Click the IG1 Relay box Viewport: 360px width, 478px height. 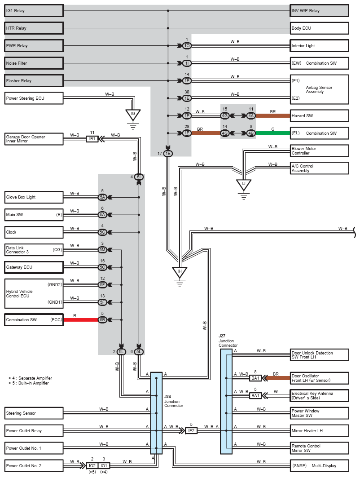(x=34, y=11)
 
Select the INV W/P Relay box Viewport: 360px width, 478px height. (x=319, y=11)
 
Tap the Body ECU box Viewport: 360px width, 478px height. (x=319, y=28)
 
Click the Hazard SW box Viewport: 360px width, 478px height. (x=319, y=116)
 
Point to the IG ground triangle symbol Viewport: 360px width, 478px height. (x=133, y=115)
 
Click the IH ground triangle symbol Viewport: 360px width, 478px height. (x=180, y=272)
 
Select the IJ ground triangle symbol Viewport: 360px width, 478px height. (x=244, y=184)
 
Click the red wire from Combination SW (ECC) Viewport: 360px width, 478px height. (x=81, y=320)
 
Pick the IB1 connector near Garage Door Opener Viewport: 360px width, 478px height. (x=92, y=139)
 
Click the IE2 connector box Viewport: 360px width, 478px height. (x=192, y=431)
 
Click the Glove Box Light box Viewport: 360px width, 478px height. (x=34, y=197)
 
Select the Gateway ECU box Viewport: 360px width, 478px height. (x=34, y=267)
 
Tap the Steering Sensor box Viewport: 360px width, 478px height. (x=34, y=413)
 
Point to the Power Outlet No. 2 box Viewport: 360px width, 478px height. (x=34, y=465)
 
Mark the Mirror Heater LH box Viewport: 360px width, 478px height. (x=319, y=431)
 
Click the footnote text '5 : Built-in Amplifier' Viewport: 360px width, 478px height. (x=31, y=383)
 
